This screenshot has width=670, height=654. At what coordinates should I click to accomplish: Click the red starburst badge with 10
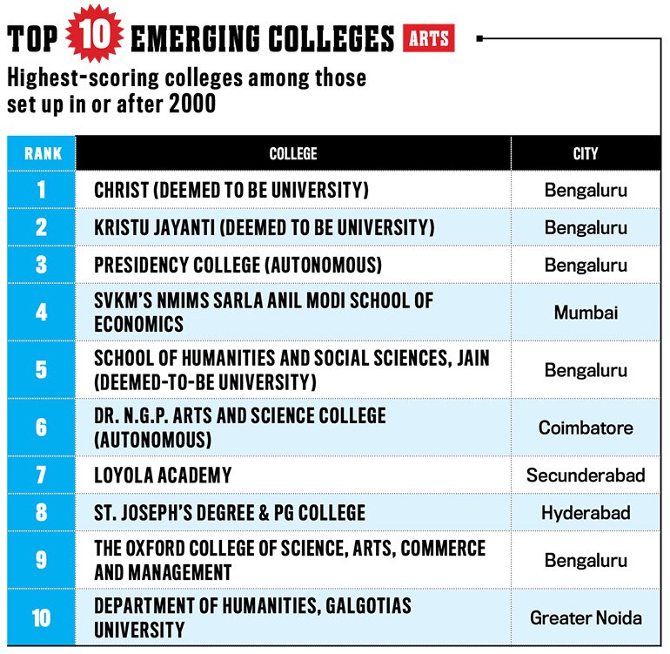[95, 34]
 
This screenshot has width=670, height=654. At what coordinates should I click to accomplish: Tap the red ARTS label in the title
[429, 38]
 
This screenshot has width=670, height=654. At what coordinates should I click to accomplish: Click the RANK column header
[43, 153]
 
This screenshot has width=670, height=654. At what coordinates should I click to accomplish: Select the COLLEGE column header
[293, 153]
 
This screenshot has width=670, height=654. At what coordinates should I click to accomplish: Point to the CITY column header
[586, 153]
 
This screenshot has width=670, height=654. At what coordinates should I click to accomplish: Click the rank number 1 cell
[41, 190]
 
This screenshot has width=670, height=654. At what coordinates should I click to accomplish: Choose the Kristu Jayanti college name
[264, 227]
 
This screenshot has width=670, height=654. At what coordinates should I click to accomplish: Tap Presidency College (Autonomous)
[238, 265]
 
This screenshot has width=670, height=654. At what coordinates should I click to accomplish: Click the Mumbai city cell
[586, 313]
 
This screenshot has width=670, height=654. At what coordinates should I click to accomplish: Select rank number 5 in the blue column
[41, 369]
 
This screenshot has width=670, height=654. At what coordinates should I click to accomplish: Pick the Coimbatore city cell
[586, 428]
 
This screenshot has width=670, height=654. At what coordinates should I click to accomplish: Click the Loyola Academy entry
[163, 475]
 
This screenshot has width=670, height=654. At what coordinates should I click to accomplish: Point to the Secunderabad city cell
[586, 475]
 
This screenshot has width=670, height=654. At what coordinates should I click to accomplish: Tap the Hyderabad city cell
[586, 512]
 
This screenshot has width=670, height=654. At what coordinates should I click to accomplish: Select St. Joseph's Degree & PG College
[230, 512]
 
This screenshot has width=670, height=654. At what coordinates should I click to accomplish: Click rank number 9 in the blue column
[41, 559]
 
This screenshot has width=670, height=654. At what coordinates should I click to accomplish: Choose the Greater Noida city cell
[586, 617]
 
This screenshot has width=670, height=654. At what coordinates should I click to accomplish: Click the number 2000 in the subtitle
[192, 104]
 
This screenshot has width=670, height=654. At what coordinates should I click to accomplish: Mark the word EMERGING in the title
[196, 38]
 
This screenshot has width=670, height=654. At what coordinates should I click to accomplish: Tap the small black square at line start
[479, 38]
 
